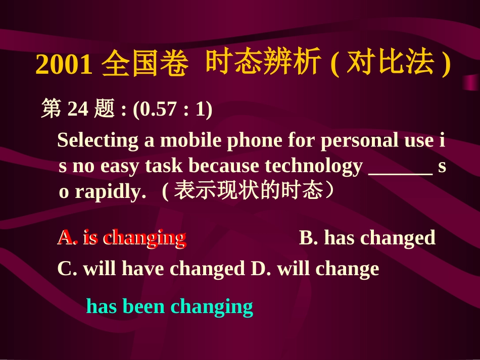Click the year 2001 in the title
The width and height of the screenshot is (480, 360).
click(64, 65)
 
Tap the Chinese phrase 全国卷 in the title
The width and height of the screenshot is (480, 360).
click(145, 65)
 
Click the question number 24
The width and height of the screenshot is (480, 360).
click(78, 109)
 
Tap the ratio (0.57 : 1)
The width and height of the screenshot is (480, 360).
click(172, 109)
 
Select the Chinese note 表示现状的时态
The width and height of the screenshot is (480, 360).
click(248, 191)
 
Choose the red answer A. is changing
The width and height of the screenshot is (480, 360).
click(121, 237)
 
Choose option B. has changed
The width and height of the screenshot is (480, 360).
click(367, 238)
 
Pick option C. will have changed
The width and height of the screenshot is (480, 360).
click(151, 269)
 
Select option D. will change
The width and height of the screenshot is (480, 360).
click(315, 269)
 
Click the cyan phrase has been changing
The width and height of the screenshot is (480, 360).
click(169, 306)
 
